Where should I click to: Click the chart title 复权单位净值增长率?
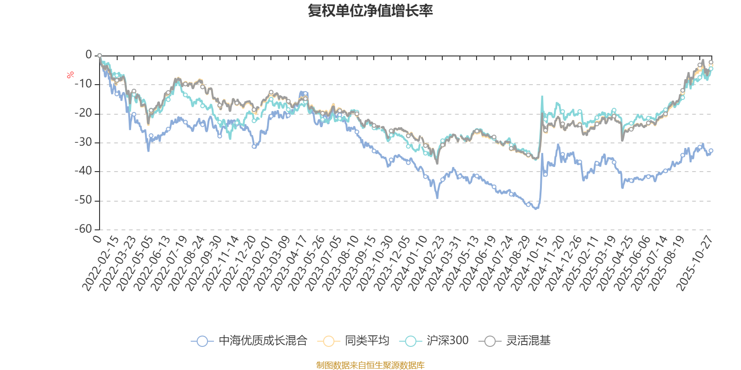click(370, 11)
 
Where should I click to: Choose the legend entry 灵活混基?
click(518, 341)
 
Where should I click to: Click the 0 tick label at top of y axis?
click(88, 55)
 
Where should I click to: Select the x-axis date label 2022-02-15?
click(101, 264)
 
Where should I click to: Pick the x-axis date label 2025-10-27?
click(695, 264)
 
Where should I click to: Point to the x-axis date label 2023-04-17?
click(289, 264)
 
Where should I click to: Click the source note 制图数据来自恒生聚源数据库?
click(370, 365)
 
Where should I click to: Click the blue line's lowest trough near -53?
click(536, 209)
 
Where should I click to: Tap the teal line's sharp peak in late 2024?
click(542, 96)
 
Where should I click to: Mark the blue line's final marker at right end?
click(711, 150)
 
